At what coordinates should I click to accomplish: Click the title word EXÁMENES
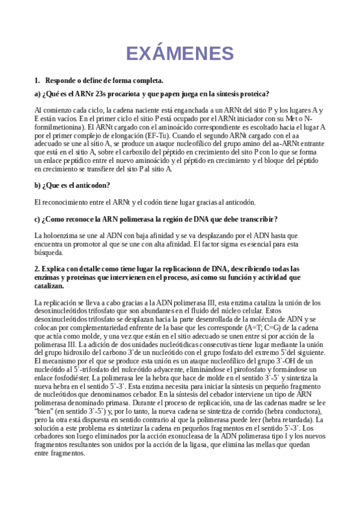(x=180, y=53)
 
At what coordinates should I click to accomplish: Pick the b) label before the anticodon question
(x=38, y=185)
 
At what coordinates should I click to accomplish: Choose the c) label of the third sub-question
(x=38, y=217)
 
